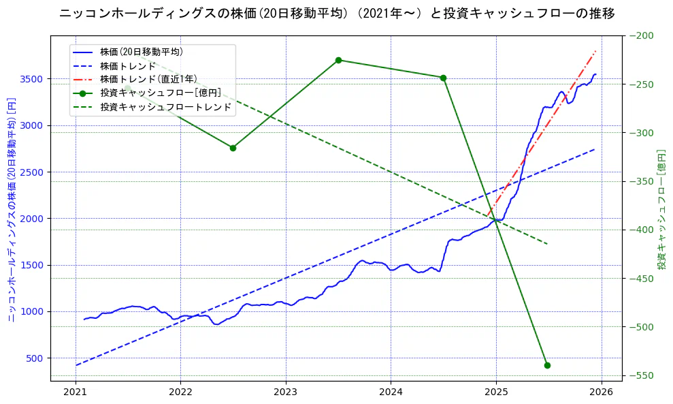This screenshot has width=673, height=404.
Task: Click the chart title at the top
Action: (x=337, y=14)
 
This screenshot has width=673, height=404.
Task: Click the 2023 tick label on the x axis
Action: (x=285, y=394)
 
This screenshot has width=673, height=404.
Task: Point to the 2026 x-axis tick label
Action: (x=601, y=394)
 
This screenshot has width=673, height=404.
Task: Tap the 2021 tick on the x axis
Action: (x=75, y=394)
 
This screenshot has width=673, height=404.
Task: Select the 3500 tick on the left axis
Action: (x=31, y=79)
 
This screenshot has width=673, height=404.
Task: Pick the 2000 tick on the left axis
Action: (x=31, y=219)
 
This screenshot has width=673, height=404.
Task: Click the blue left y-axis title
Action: (x=12, y=210)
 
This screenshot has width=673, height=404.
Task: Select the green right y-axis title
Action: (x=661, y=210)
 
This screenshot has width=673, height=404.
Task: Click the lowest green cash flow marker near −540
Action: (x=547, y=365)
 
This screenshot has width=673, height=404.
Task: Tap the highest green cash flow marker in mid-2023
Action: (x=338, y=60)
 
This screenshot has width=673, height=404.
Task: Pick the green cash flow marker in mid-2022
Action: (x=233, y=148)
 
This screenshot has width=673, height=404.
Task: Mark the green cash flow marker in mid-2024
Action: (x=443, y=78)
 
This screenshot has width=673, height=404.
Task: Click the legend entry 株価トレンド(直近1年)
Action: (x=146, y=79)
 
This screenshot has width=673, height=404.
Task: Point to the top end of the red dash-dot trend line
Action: (x=596, y=51)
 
